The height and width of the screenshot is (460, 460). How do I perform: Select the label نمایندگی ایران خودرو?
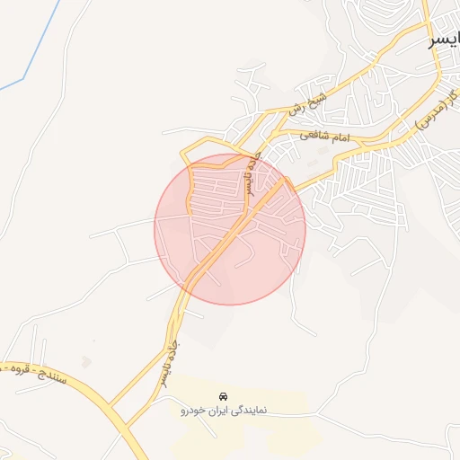tap(221, 411)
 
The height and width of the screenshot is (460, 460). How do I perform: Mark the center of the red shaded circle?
tap(230, 229)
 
